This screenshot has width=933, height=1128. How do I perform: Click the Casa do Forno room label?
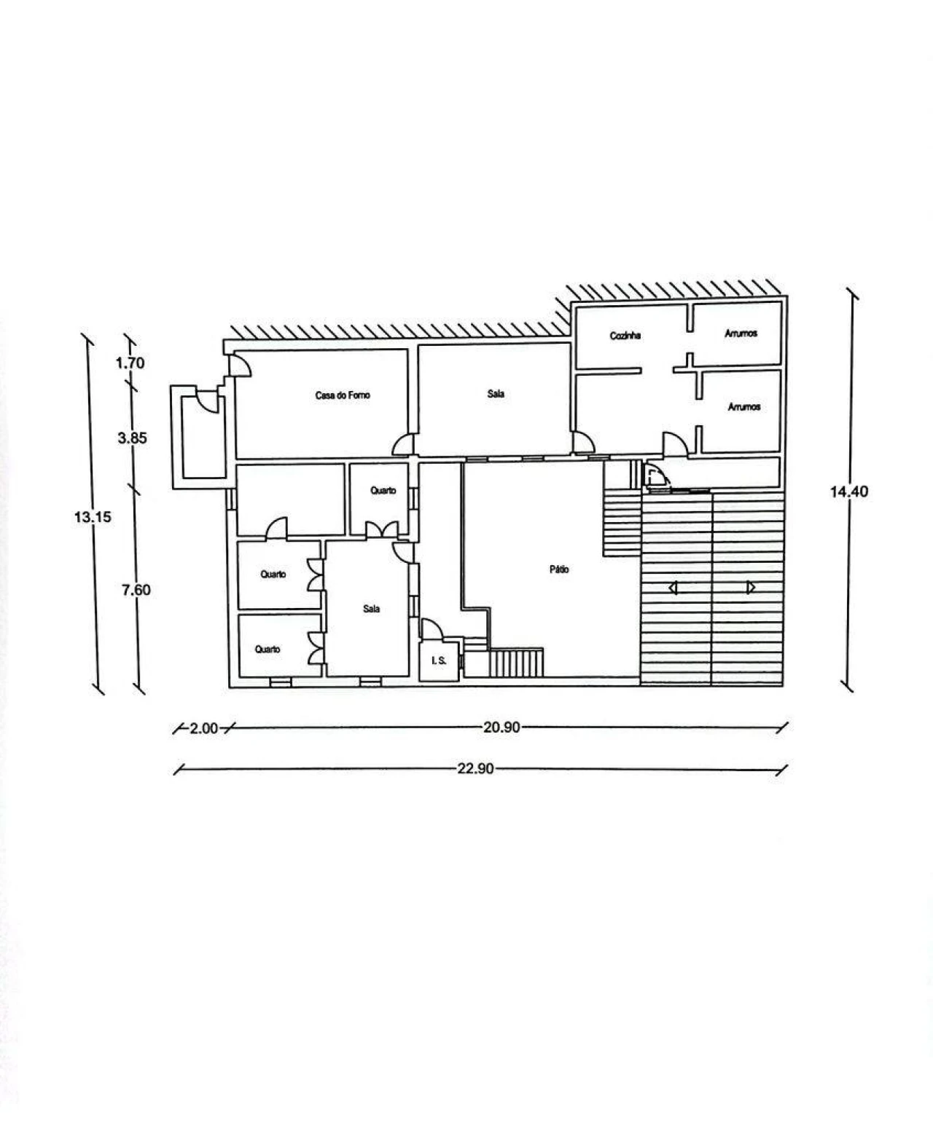click(x=343, y=395)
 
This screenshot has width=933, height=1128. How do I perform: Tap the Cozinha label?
click(x=625, y=336)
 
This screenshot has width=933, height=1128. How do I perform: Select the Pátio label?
click(x=559, y=569)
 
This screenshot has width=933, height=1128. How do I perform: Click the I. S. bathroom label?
click(x=440, y=660)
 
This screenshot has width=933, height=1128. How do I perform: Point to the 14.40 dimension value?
click(x=849, y=492)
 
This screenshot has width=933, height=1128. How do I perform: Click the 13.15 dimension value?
click(x=93, y=517)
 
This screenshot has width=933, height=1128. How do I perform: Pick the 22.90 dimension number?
click(x=475, y=769)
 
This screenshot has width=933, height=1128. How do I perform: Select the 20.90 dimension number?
click(x=501, y=727)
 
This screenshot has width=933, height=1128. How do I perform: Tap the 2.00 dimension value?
click(x=203, y=728)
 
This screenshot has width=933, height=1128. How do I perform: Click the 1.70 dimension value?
click(x=130, y=363)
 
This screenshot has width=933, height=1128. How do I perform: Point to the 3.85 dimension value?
click(x=133, y=438)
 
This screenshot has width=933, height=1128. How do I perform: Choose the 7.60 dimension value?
click(x=136, y=590)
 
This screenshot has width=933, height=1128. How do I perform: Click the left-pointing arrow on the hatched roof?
click(x=672, y=588)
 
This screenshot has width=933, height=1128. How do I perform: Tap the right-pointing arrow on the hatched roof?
click(x=751, y=587)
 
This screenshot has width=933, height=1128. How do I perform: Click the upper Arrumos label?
click(x=741, y=334)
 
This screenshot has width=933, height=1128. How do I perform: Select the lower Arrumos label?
click(x=744, y=407)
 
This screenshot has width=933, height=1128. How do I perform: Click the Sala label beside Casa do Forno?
click(x=496, y=394)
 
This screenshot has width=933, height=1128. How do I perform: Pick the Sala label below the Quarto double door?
click(x=371, y=609)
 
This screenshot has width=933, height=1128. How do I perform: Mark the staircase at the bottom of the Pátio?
click(x=515, y=663)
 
